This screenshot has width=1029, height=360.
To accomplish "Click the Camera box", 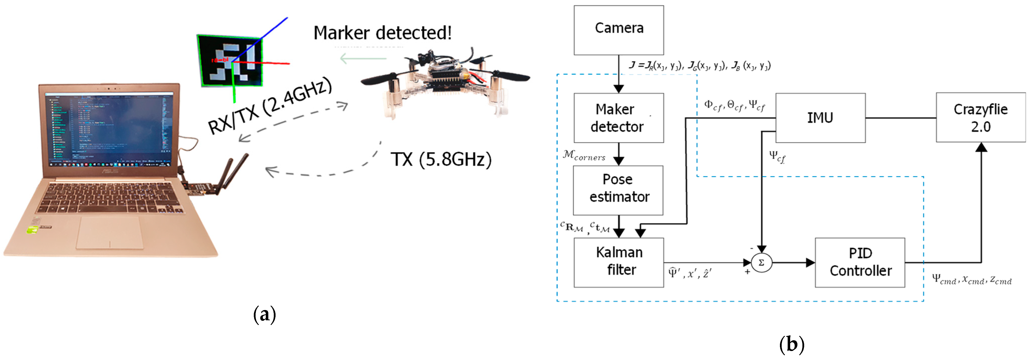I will pyautogui.click(x=619, y=30).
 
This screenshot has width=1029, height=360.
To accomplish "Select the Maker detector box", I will pyautogui.click(x=619, y=118).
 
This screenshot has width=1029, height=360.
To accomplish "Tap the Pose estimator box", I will pyautogui.click(x=618, y=190).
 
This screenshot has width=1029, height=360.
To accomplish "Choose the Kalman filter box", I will pyautogui.click(x=619, y=262).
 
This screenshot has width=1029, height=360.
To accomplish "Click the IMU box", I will pyautogui.click(x=820, y=118).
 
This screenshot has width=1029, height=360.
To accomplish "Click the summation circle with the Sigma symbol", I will pyautogui.click(x=761, y=263).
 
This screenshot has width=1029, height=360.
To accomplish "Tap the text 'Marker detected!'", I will pyautogui.click(x=382, y=33).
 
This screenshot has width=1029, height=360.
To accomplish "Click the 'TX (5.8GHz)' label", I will pyautogui.click(x=441, y=159).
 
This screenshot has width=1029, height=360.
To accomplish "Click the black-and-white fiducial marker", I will pyautogui.click(x=230, y=61).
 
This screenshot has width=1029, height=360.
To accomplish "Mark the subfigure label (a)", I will pyautogui.click(x=265, y=315).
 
